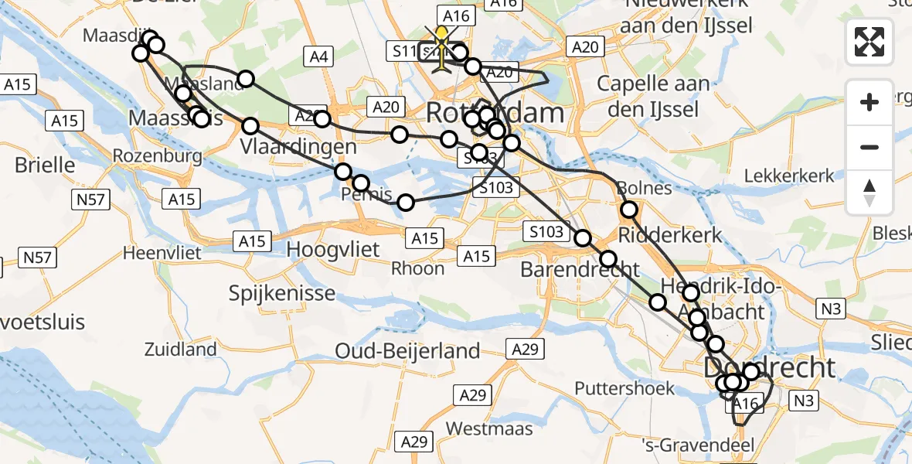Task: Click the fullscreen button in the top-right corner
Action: pos(869,42)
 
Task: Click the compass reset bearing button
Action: pos(869,193)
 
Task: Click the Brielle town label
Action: pos(46,165)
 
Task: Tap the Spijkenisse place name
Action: pos(282,293)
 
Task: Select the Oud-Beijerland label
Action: pos(407,351)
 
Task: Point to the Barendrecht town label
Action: pos(580,270)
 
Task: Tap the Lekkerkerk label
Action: pos(791,176)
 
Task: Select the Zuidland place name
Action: pos(180,350)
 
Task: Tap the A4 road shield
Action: pos(318,56)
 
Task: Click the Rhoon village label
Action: pos(418,268)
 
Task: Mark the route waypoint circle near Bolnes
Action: pos(629,209)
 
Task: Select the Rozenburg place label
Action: pos(157,155)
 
